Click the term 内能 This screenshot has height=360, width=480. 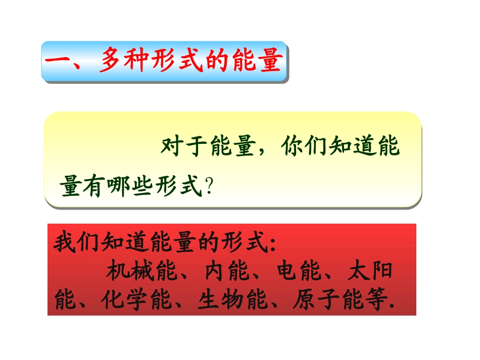(x=227, y=272)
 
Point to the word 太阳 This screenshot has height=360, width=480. (x=371, y=272)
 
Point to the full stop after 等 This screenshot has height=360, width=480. (x=392, y=307)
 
